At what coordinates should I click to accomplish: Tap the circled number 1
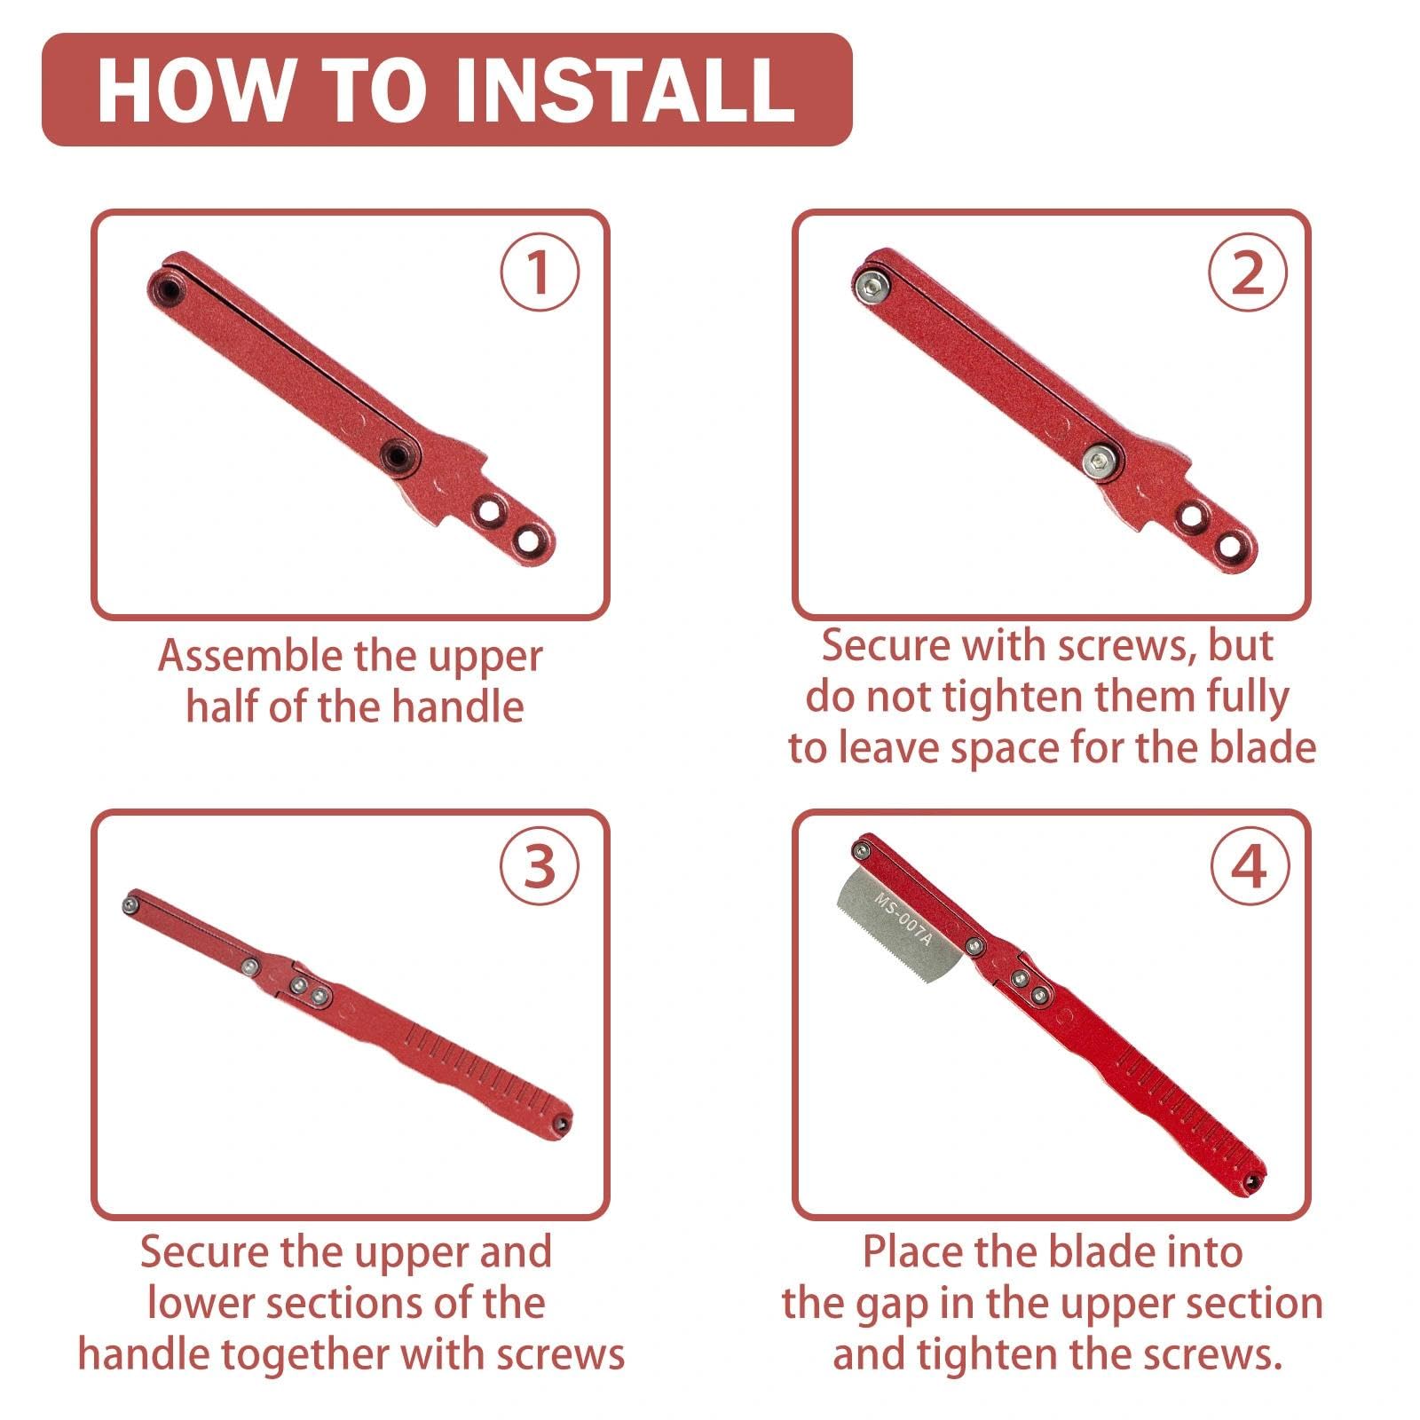click(x=539, y=272)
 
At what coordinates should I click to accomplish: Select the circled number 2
click(x=1247, y=272)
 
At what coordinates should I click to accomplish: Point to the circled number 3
click(x=539, y=866)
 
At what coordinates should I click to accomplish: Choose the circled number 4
click(x=1250, y=866)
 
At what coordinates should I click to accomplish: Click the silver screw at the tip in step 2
click(x=873, y=287)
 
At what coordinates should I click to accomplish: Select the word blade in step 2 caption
click(x=1261, y=747)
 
